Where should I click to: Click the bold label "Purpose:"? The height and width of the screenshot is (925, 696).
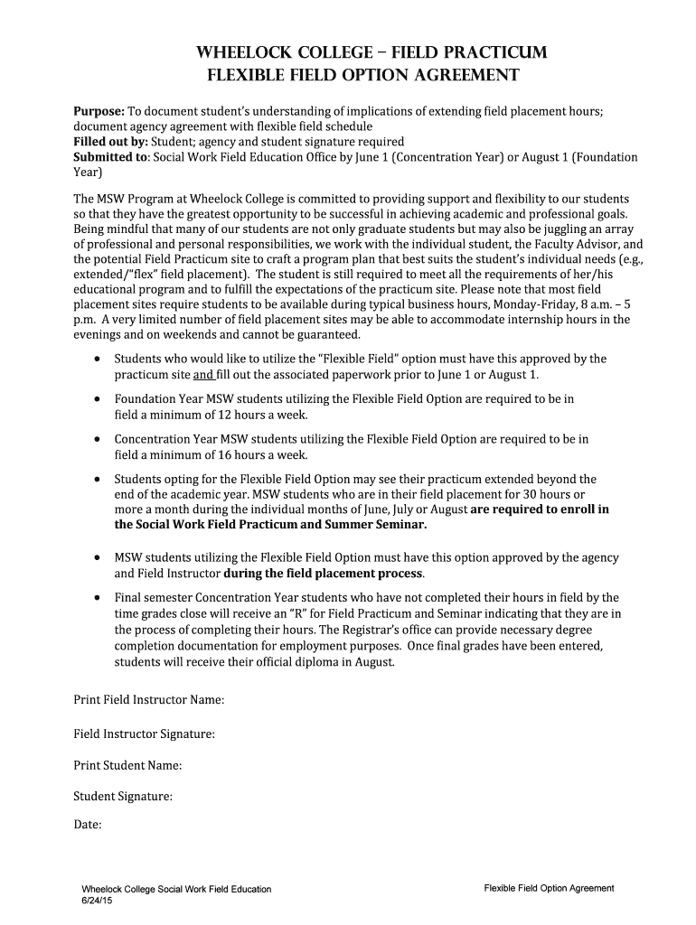click(99, 111)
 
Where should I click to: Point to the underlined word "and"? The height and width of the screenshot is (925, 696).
click(203, 375)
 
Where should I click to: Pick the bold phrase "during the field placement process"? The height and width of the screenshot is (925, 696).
click(323, 574)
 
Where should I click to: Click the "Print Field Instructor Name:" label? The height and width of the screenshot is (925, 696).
click(148, 700)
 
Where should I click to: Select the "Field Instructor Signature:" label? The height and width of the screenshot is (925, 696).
click(144, 733)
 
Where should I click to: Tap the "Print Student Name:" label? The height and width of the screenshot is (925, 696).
click(127, 765)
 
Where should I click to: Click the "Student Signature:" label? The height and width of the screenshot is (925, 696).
click(122, 797)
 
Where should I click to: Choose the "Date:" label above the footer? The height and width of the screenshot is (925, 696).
click(87, 825)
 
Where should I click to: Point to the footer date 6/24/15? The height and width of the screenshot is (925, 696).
click(97, 901)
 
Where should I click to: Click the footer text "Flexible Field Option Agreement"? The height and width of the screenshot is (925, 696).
click(549, 888)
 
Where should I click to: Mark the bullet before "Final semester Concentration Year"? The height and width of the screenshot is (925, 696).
click(97, 598)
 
